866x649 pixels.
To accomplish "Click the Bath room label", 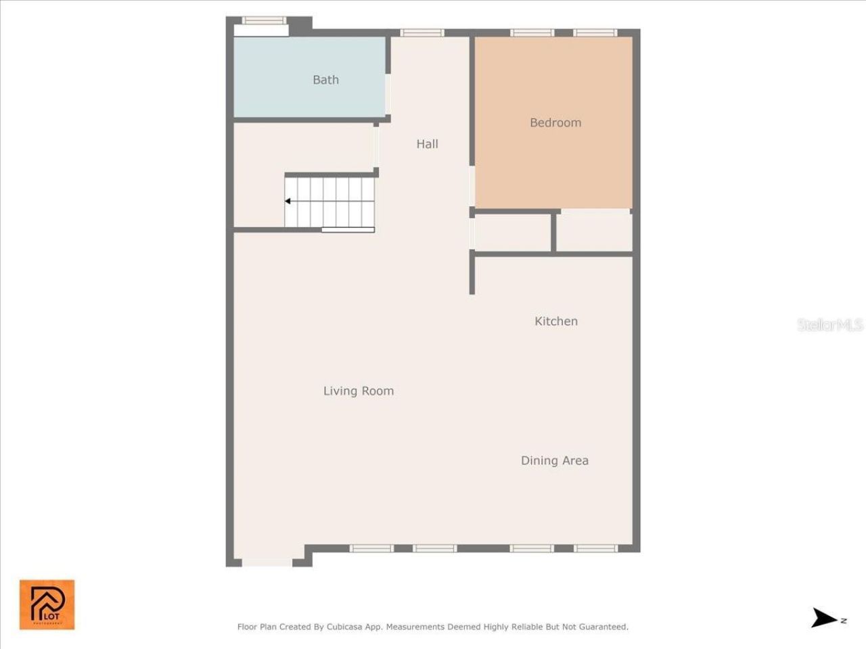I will click(x=325, y=80).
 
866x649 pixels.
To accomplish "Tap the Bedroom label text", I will click(x=555, y=122).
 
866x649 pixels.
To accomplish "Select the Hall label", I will click(x=427, y=144).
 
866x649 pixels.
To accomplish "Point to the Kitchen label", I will click(x=556, y=321).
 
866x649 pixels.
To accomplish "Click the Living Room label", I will click(x=358, y=391).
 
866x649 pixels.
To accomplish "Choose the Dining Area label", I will click(x=554, y=460).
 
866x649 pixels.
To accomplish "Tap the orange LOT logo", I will click(x=47, y=604).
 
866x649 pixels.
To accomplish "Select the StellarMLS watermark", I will click(x=830, y=325).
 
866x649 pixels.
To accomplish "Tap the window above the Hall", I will click(x=422, y=32).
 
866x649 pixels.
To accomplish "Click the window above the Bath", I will click(x=264, y=20).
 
